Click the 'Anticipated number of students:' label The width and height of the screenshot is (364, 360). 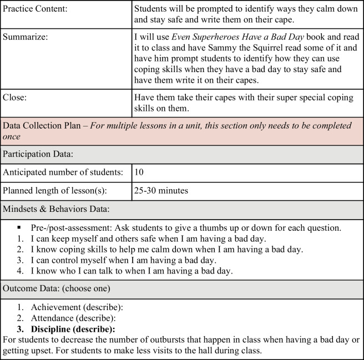click(x=63, y=173)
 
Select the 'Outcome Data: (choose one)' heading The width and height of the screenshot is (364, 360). click(x=55, y=289)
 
